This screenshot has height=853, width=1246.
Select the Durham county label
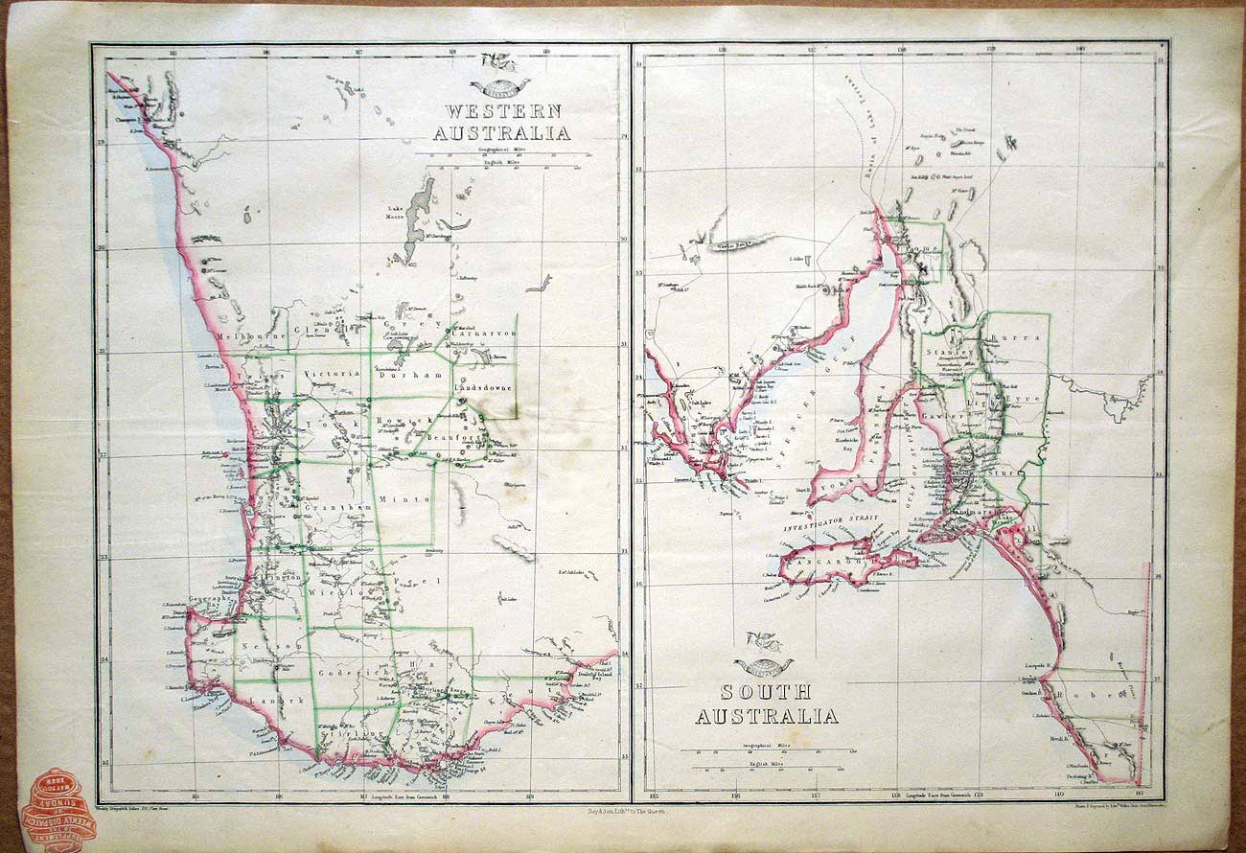pyautogui.click(x=413, y=377)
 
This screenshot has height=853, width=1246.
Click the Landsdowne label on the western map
pyautogui.click(x=483, y=388)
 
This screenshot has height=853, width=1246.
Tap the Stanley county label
pyautogui.click(x=948, y=352)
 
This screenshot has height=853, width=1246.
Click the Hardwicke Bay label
pyautogui.click(x=840, y=443)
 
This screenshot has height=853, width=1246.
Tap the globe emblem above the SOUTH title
pyautogui.click(x=764, y=664)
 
